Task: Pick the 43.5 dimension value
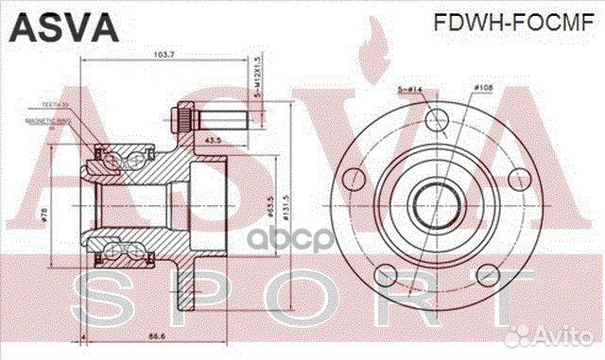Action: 213,140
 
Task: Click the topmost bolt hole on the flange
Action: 436,120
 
